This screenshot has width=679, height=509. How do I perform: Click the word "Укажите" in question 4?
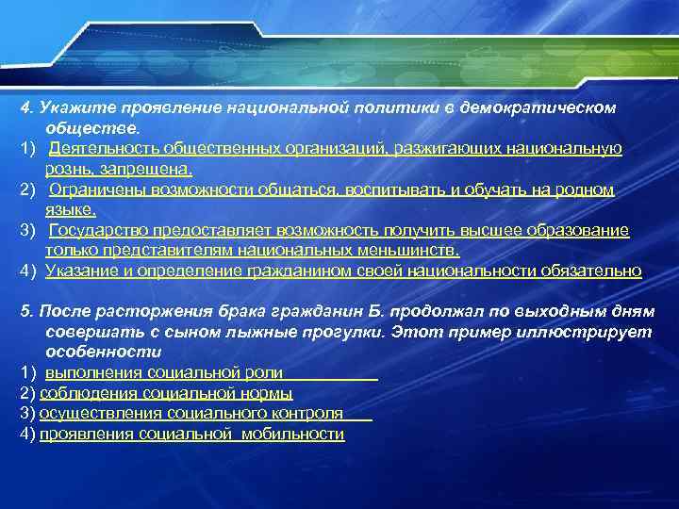(x=66, y=107)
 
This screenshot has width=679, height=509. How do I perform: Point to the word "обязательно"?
(x=591, y=271)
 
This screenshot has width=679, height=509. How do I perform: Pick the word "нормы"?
(x=272, y=394)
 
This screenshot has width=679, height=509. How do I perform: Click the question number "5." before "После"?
(x=25, y=312)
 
